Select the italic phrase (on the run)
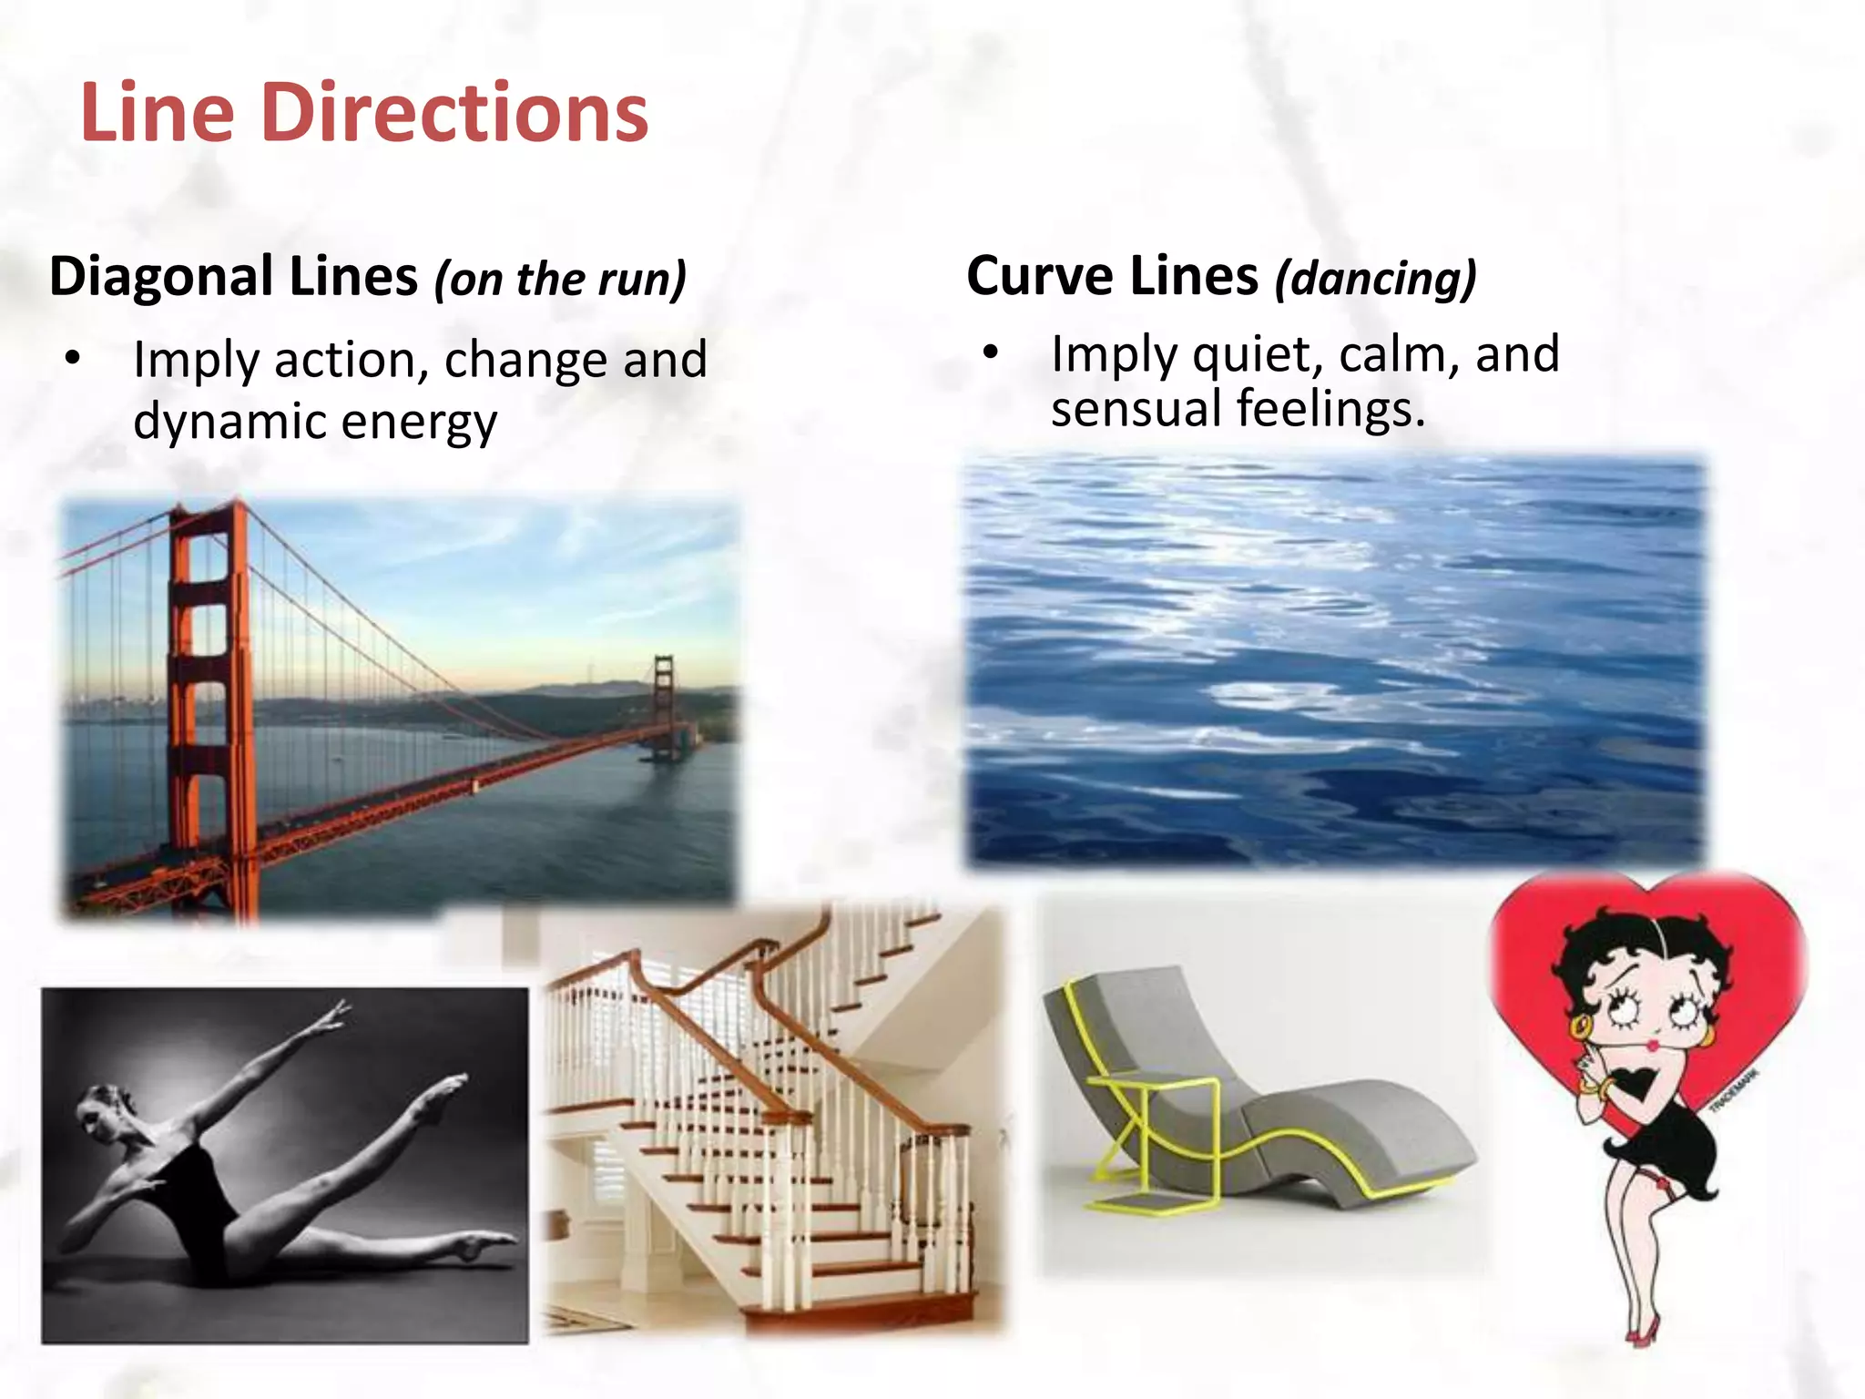coord(560,279)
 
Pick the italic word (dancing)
coord(1375,278)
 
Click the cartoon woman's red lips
coord(1652,1043)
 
